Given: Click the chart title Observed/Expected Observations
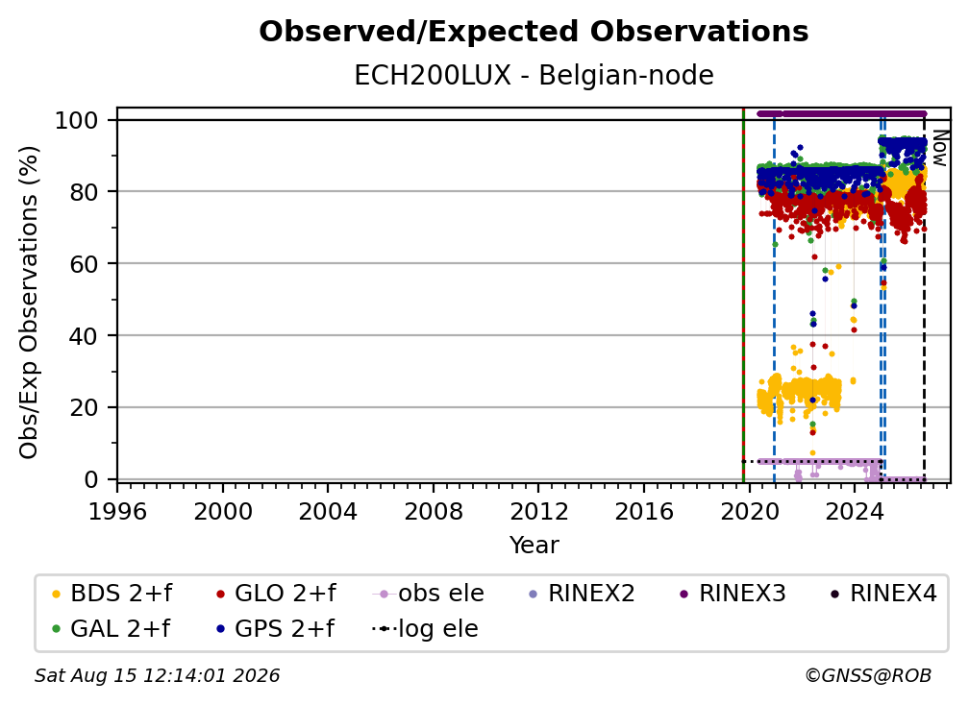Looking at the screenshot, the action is point(534,32).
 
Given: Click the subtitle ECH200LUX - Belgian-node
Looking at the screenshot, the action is point(534,75).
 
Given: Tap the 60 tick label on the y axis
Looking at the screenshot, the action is point(84,263).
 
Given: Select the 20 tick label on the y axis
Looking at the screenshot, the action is point(84,407).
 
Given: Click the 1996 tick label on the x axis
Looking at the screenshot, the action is point(117,512).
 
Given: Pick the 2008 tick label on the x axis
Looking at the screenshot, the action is point(434,512).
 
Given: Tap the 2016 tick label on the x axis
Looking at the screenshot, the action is point(644,512).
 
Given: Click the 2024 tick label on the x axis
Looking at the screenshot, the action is point(855,512).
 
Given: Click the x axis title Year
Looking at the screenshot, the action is point(534,546).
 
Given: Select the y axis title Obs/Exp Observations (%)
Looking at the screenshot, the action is point(29,303).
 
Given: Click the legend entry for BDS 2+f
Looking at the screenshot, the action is point(112,594).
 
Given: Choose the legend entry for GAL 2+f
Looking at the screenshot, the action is point(112,629).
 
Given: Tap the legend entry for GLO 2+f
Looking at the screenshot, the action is point(276,594).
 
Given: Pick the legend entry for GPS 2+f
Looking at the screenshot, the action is point(275,629).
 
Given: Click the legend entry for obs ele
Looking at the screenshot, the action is point(429,594).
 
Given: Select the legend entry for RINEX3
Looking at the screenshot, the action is point(733,594).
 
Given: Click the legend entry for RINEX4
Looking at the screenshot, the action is point(883,594).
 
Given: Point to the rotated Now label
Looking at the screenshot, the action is point(939,148).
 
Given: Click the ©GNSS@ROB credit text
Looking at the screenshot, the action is point(868,676).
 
